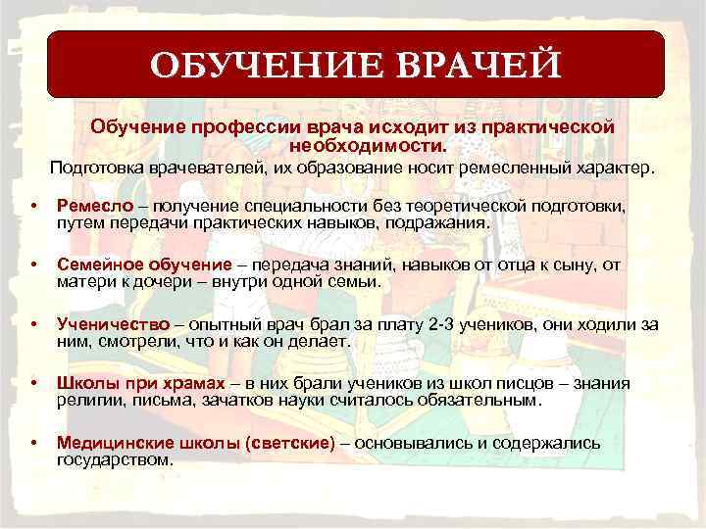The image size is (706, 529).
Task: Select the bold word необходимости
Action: [367, 145]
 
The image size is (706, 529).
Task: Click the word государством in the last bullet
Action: [116, 459]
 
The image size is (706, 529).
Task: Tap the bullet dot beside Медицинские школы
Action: [34, 444]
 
